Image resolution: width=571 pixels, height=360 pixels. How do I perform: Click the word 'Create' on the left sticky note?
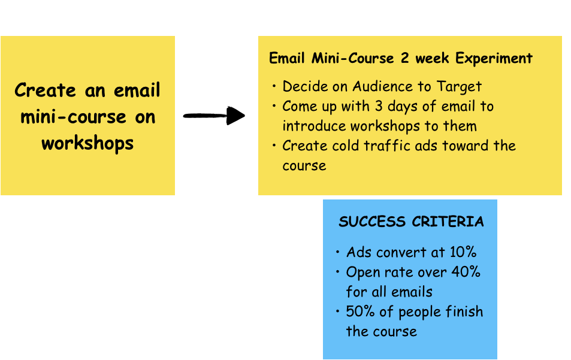[45, 90]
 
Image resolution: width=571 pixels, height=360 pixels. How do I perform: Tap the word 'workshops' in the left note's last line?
[87, 144]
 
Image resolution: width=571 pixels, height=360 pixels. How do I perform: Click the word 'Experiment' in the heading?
[494, 59]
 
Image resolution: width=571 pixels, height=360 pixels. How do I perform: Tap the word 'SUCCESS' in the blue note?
[372, 222]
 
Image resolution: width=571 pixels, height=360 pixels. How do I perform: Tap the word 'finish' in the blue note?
[463, 311]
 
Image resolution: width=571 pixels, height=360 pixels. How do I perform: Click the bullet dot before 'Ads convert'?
[339, 252]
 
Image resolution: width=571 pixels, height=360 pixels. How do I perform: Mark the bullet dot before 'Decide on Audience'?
[274, 87]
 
